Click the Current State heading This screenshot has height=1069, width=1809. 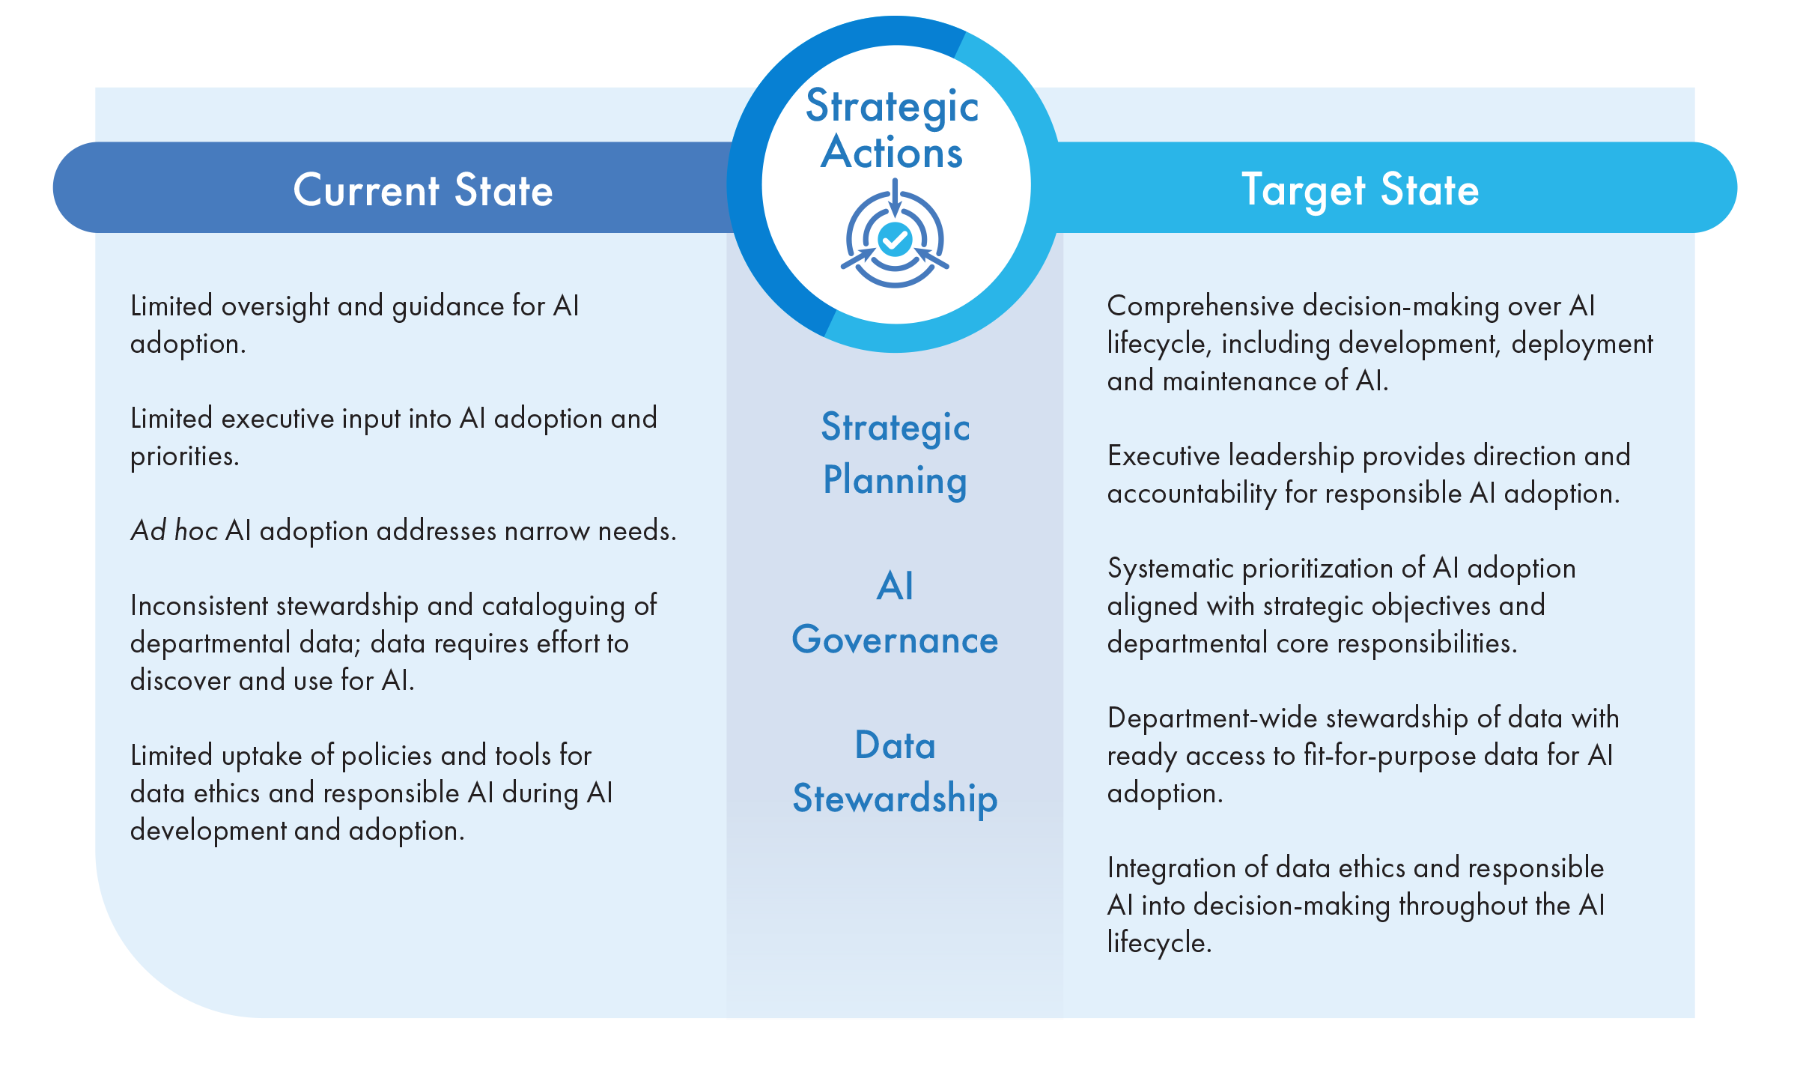(423, 190)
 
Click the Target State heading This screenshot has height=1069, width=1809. (1360, 191)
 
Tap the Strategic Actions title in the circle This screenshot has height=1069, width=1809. (893, 129)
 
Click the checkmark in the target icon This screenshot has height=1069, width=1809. (895, 240)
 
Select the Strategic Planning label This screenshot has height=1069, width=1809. (896, 454)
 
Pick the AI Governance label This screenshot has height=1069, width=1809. (896, 613)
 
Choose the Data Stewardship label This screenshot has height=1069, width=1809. (896, 772)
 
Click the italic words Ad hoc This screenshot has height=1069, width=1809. (174, 530)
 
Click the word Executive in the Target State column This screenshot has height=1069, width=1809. (1164, 455)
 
